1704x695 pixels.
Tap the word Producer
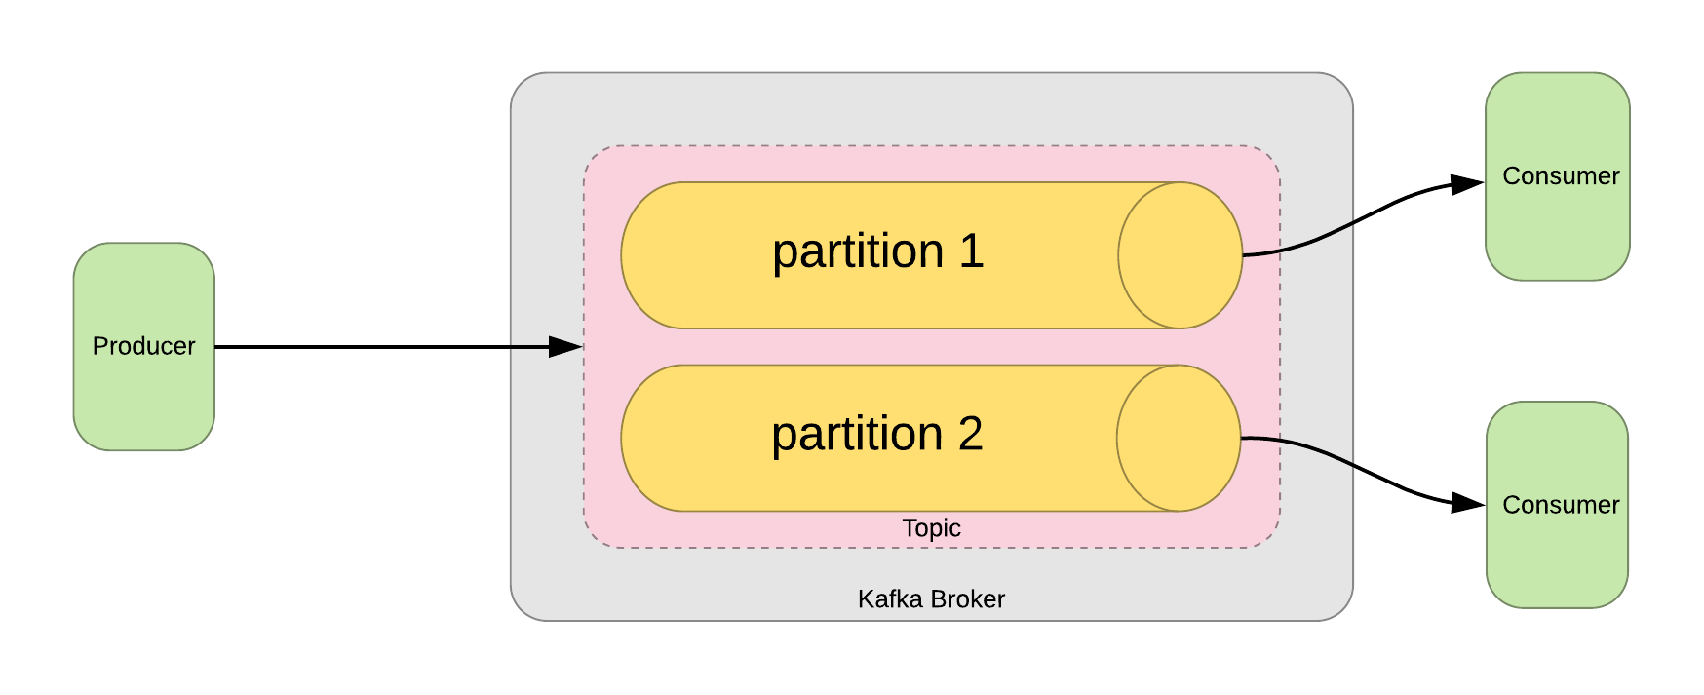tap(143, 346)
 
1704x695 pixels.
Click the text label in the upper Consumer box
tap(1560, 176)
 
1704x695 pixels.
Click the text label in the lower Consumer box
tap(1560, 505)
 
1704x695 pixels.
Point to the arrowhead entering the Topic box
tap(565, 346)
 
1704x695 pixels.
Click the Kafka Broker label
tap(931, 598)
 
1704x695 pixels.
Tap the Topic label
tap(931, 528)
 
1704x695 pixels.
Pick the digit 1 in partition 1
tap(971, 251)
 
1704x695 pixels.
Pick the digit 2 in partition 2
tap(970, 434)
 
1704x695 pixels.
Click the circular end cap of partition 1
tap(1180, 255)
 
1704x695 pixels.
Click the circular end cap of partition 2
tap(1179, 438)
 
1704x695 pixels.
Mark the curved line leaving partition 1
tap(1301, 245)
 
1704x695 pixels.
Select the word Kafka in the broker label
tap(889, 598)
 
